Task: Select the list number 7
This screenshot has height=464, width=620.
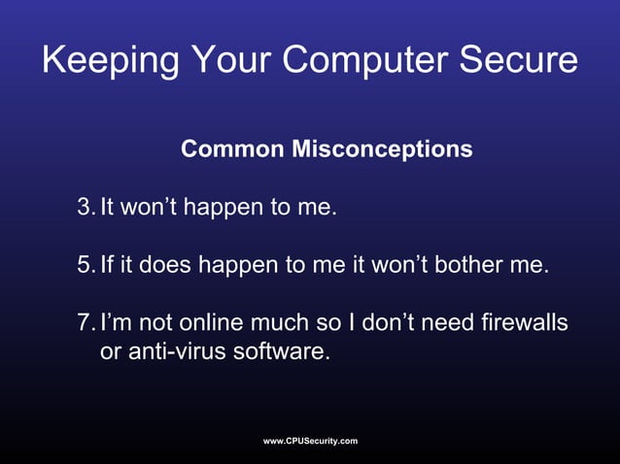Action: (x=85, y=320)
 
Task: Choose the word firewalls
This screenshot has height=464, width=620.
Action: (x=521, y=320)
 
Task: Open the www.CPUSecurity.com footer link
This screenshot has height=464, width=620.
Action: (x=310, y=442)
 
